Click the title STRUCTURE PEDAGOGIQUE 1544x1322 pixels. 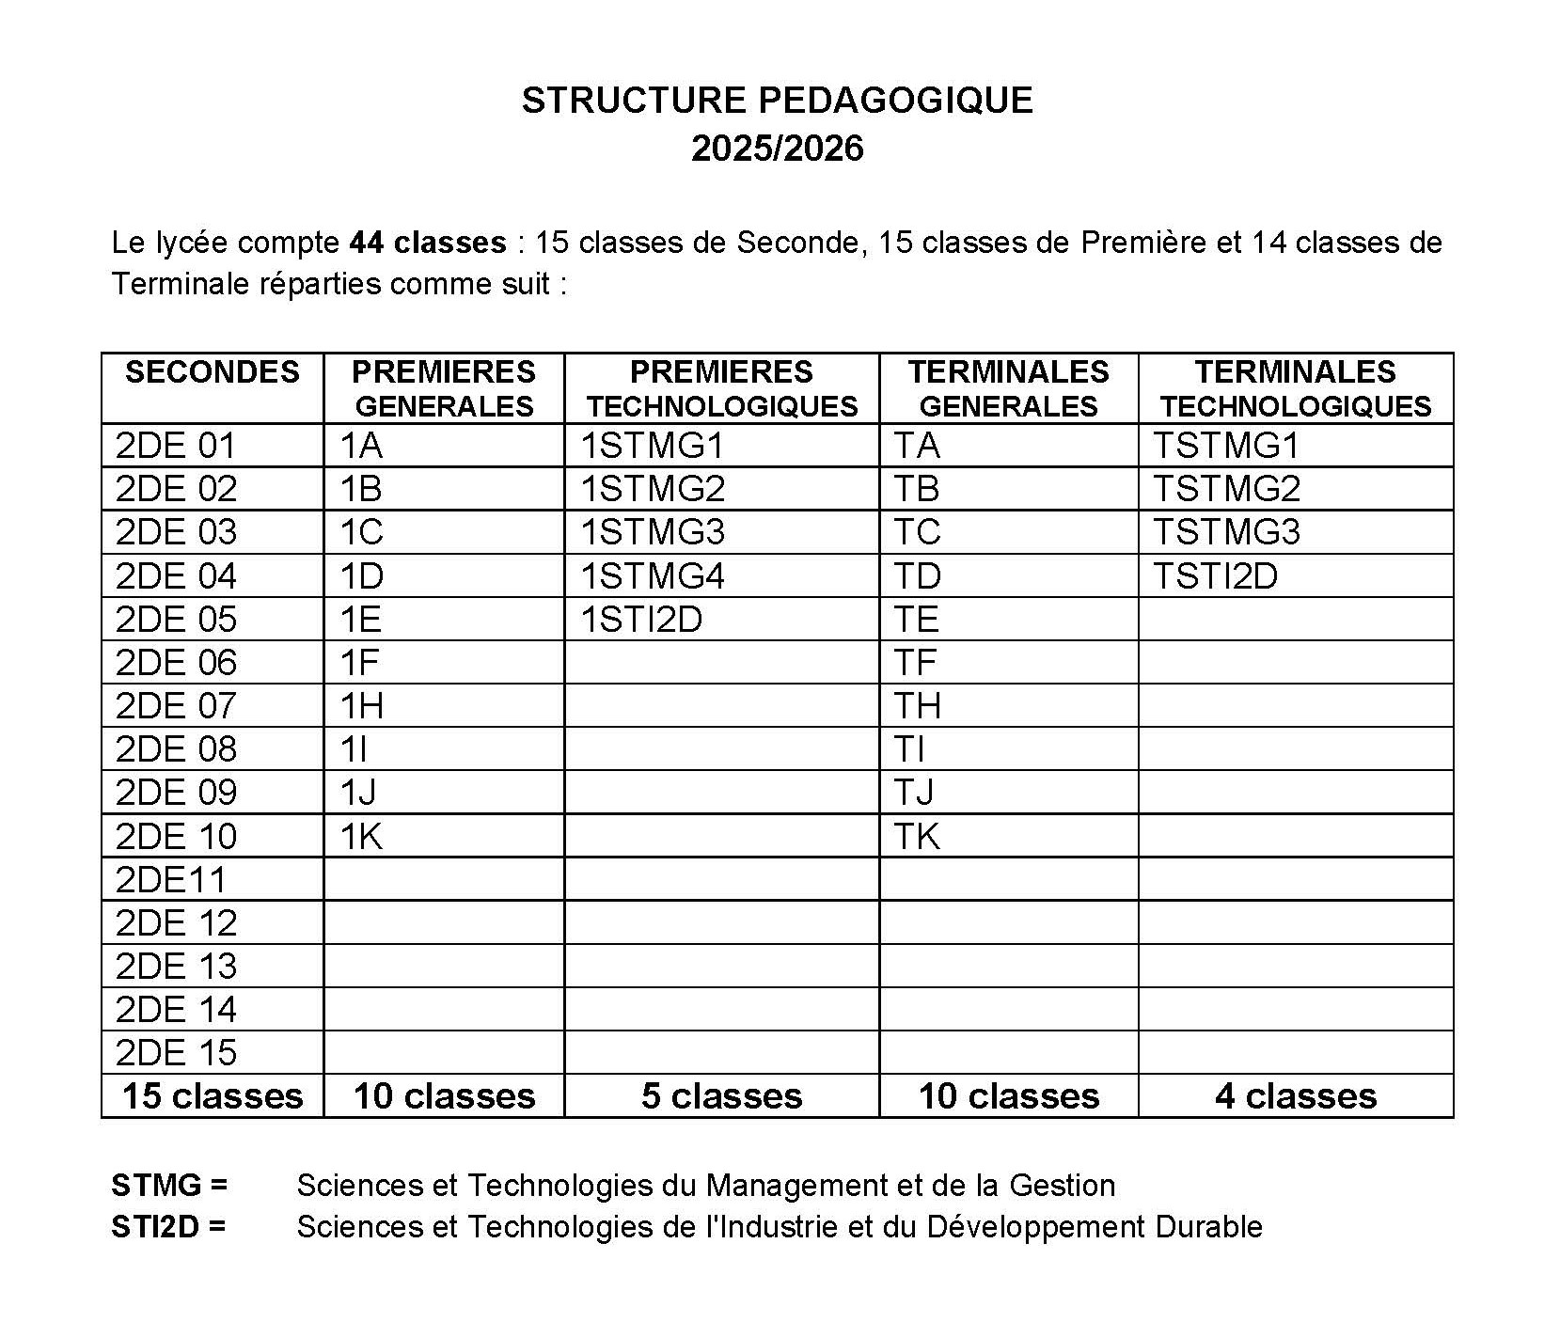point(777,101)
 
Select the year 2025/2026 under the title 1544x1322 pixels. point(777,150)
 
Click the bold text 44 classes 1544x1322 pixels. point(427,243)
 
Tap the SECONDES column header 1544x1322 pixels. point(213,372)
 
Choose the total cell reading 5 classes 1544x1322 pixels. point(721,1096)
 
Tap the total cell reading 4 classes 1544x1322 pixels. point(1295,1096)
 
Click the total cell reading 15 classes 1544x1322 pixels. point(213,1096)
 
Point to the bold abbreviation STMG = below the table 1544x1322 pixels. point(169,1186)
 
